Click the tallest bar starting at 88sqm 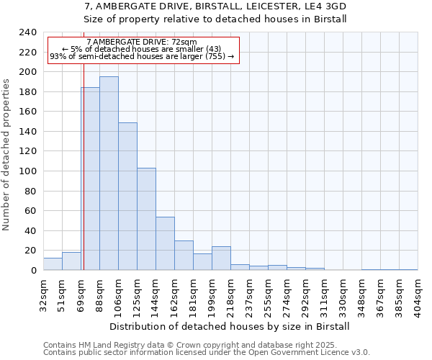click(109, 173)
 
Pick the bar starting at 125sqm click(146, 219)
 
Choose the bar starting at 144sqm click(165, 243)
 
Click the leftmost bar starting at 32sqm click(53, 264)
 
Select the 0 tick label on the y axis click(33, 271)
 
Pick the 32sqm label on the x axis click(44, 291)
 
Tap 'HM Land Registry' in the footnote click(105, 346)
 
